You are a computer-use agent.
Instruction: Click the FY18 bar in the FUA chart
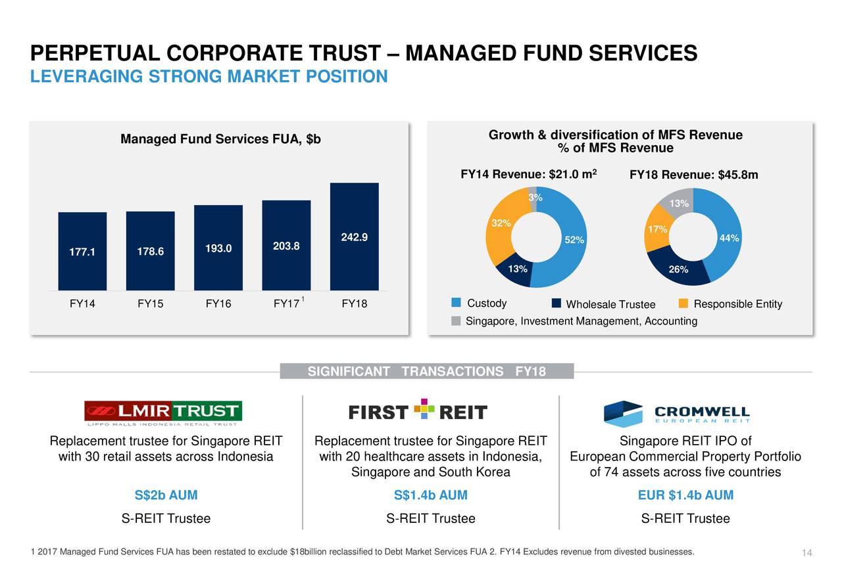pos(354,236)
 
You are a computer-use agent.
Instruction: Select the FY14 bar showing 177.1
pos(82,251)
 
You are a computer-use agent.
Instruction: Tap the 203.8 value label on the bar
pos(286,246)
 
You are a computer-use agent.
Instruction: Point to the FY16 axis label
pos(218,304)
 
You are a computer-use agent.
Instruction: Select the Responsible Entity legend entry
pos(730,304)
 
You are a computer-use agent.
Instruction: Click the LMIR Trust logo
pos(162,412)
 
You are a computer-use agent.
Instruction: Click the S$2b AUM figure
pos(166,495)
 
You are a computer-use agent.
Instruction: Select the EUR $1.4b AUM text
pos(685,495)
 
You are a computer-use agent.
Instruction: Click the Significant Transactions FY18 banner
pos(427,372)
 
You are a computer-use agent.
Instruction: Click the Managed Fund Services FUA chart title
pos(220,139)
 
